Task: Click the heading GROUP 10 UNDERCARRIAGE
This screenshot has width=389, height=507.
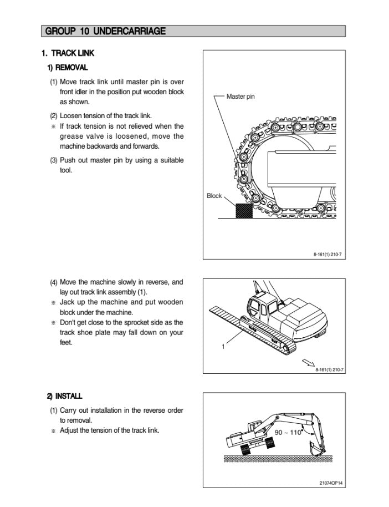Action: pos(105,31)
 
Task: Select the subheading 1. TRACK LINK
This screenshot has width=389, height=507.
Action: pos(68,53)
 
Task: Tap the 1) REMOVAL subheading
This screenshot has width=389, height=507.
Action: pos(67,68)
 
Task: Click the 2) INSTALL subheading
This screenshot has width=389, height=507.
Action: pos(64,396)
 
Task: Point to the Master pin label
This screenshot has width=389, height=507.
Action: pos(240,97)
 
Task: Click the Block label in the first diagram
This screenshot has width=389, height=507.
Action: pos(214,196)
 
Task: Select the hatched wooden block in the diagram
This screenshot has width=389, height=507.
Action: pos(243,211)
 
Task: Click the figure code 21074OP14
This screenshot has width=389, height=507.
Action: pos(331,483)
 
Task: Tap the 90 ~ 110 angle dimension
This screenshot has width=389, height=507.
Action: pos(288,432)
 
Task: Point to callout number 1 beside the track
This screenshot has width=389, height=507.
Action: pos(223,347)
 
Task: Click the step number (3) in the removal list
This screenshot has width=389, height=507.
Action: pos(54,160)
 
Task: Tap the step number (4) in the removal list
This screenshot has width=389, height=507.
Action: pos(54,282)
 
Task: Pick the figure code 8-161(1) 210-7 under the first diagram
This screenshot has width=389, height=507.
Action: pos(328,255)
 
